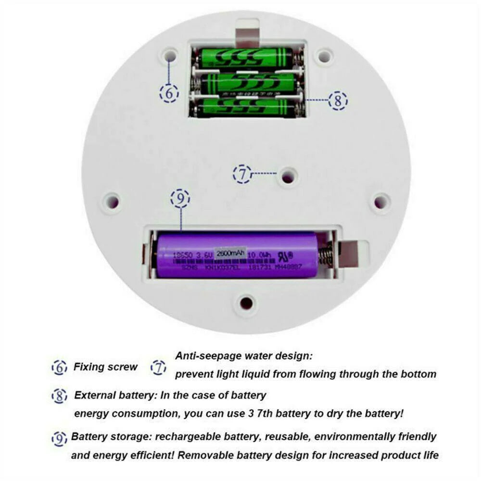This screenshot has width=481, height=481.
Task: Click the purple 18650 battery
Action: click(x=236, y=255)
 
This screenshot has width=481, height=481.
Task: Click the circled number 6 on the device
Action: click(x=169, y=93)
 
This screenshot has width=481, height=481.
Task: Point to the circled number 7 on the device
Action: click(x=242, y=174)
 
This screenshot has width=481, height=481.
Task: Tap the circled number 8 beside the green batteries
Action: click(x=338, y=101)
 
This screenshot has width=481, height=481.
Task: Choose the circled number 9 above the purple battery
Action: click(x=180, y=198)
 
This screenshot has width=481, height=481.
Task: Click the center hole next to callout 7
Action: click(x=288, y=177)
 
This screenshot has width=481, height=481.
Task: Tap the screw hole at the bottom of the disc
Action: click(x=246, y=303)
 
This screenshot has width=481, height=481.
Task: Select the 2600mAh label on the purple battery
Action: click(x=230, y=253)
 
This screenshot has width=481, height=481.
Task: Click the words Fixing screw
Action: click(x=105, y=367)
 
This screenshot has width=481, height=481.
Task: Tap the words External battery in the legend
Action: click(x=114, y=396)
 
